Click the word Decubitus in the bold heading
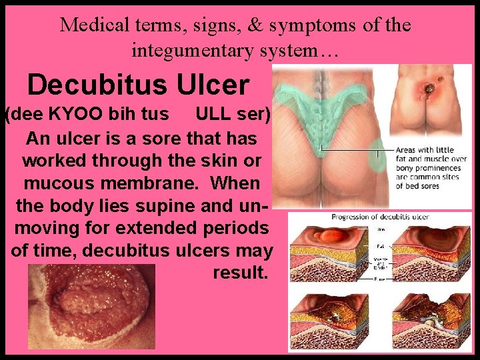pyautogui.click(x=99, y=85)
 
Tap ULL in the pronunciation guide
pyautogui.click(x=211, y=115)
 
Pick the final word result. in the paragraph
pyautogui.click(x=241, y=273)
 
